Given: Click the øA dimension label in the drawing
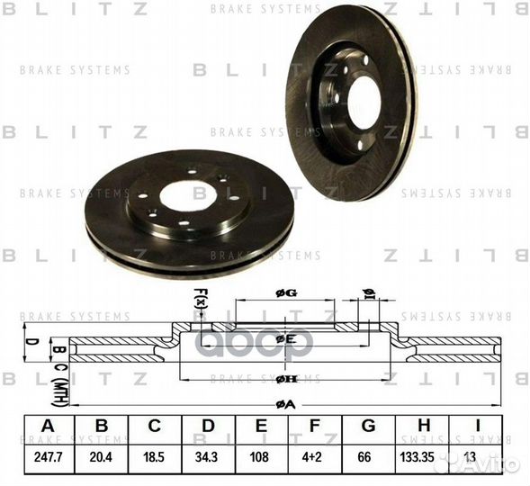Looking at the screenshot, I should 285,404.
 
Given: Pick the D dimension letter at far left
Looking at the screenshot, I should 29,344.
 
